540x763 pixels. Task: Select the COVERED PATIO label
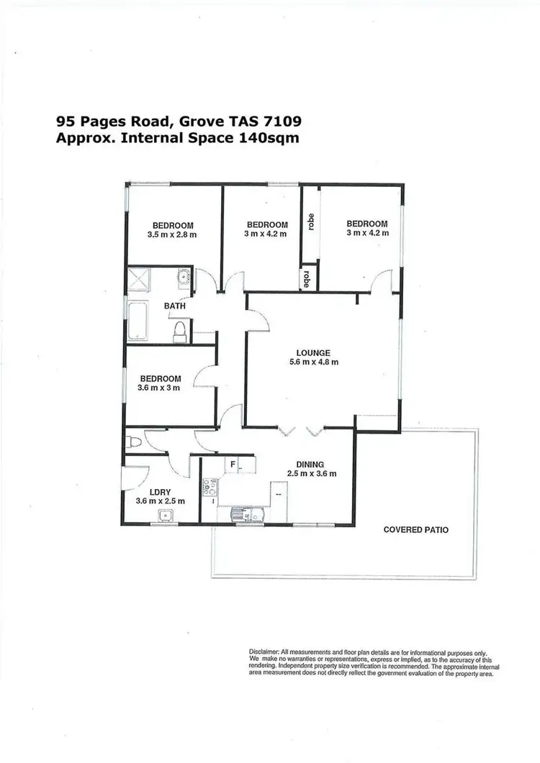tap(416, 530)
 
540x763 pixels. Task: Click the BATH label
tap(175, 306)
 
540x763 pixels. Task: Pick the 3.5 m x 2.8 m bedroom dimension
tap(172, 234)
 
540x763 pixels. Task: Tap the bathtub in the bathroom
tap(137, 321)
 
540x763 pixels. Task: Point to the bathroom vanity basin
tap(183, 275)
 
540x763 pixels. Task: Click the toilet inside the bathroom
tap(181, 331)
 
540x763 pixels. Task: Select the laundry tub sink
tap(166, 515)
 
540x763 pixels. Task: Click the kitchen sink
tap(240, 515)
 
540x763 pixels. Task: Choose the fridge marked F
tap(233, 464)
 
